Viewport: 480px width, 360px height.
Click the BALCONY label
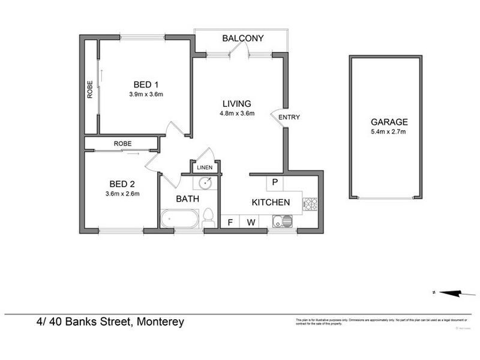(x=243, y=38)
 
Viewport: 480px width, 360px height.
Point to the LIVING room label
(x=238, y=103)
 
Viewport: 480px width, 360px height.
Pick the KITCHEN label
(x=271, y=202)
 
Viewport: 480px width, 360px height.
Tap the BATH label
(x=187, y=198)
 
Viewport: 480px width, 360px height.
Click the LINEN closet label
(x=205, y=167)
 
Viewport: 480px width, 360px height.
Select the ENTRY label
(x=289, y=117)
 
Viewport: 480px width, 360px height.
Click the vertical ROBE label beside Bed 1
(x=89, y=89)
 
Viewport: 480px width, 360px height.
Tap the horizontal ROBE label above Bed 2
(x=122, y=143)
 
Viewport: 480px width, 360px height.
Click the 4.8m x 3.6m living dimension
(x=238, y=113)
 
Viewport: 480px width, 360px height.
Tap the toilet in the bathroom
(x=208, y=217)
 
